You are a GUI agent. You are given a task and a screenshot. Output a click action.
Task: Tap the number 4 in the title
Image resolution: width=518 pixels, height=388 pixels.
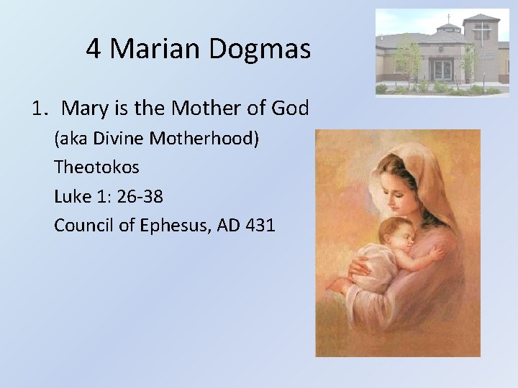point(94,48)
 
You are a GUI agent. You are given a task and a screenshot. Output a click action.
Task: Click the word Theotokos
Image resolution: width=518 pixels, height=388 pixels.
point(96,167)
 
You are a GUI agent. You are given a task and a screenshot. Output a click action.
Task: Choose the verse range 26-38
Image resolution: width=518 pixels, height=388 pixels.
point(138,196)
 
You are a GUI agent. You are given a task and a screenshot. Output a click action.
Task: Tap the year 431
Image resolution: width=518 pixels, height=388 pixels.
point(260,225)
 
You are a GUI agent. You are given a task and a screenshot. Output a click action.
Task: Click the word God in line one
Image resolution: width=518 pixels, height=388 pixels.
point(291,108)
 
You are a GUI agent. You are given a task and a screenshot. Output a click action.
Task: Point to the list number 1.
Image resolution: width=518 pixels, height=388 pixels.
point(38,108)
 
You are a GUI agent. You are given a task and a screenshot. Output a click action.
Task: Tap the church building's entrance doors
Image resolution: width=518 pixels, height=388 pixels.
point(442,70)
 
